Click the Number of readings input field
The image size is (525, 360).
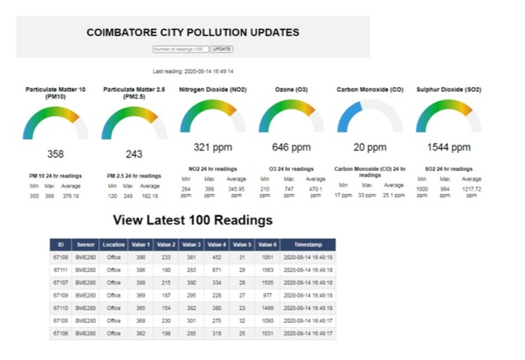point(181,49)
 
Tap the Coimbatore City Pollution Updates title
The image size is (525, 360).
point(192,33)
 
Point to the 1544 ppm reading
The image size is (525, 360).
point(449,148)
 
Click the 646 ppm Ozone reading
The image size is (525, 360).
point(292,148)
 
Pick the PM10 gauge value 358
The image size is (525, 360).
point(55,154)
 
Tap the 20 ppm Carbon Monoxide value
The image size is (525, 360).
point(370,148)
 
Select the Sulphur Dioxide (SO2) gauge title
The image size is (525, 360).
point(449,89)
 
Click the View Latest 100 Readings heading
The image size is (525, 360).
point(193,220)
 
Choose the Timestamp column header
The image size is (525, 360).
point(309,246)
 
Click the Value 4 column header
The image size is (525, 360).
point(217,246)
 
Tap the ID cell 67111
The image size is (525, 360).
point(61,269)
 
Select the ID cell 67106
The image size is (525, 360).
point(61,333)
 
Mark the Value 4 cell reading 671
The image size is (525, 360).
point(217,269)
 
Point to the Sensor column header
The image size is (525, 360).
point(86,246)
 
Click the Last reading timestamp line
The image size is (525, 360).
point(192,72)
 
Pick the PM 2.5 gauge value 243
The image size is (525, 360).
point(134,154)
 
